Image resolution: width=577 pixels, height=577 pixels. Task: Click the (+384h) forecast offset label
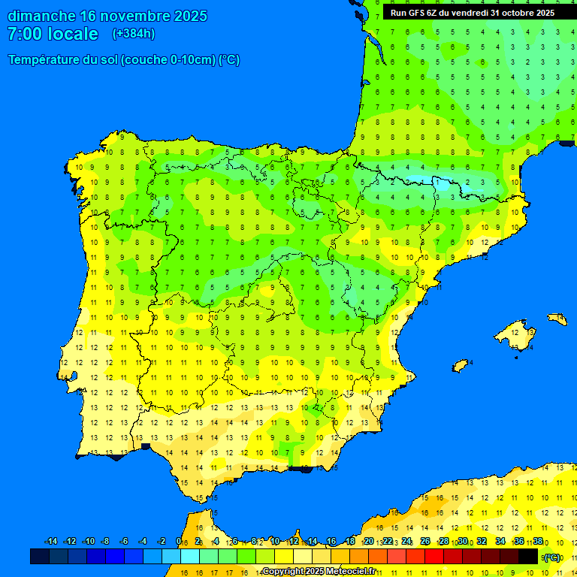pyautogui.click(x=134, y=34)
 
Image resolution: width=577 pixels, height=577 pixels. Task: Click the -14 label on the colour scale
pyautogui.click(x=51, y=542)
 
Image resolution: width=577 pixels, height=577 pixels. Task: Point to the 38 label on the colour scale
pyautogui.click(x=538, y=542)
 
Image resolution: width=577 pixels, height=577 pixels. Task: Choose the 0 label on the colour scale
pyautogui.click(x=179, y=542)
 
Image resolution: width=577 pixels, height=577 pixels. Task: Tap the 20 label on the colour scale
pyautogui.click(x=368, y=542)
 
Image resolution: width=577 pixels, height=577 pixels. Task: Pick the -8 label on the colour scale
pyautogui.click(x=105, y=542)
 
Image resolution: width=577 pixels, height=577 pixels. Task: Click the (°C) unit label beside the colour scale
pyautogui.click(x=552, y=557)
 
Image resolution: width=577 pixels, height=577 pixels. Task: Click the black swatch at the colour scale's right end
pyautogui.click(x=528, y=557)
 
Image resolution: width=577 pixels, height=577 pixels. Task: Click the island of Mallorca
pyautogui.click(x=519, y=335)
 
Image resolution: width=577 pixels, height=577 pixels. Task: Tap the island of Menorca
pyautogui.click(x=557, y=319)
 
